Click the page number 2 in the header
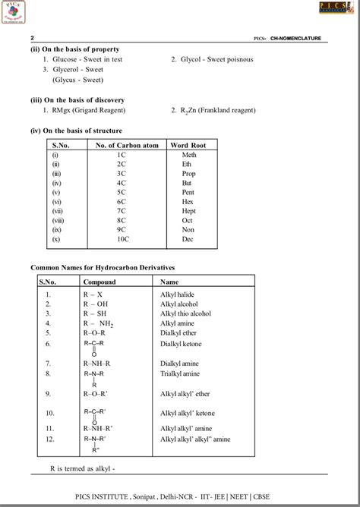tap(33, 37)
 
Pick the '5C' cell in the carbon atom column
tap(121, 194)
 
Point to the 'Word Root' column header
tap(189, 144)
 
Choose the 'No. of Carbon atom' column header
tap(122, 144)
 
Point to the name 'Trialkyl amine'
tap(181, 373)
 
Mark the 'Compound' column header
tap(99, 281)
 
